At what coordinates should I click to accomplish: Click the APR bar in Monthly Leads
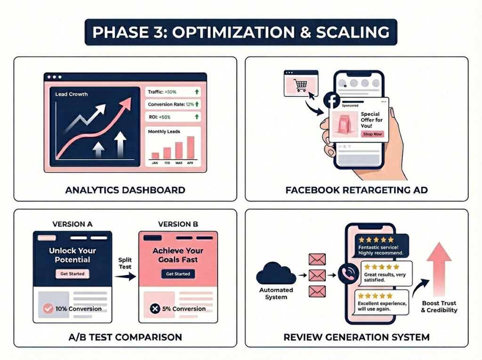[191, 147]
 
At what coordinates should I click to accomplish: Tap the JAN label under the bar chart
[155, 163]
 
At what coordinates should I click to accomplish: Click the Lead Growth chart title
[72, 94]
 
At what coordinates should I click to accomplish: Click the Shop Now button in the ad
[372, 134]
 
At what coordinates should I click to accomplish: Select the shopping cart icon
[300, 85]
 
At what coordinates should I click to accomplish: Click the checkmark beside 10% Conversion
[48, 308]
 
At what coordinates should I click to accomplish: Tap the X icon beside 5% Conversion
[155, 308]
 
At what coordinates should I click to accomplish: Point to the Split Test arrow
[125, 276]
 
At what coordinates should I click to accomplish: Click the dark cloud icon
[276, 273]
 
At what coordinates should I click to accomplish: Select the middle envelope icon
[317, 275]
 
